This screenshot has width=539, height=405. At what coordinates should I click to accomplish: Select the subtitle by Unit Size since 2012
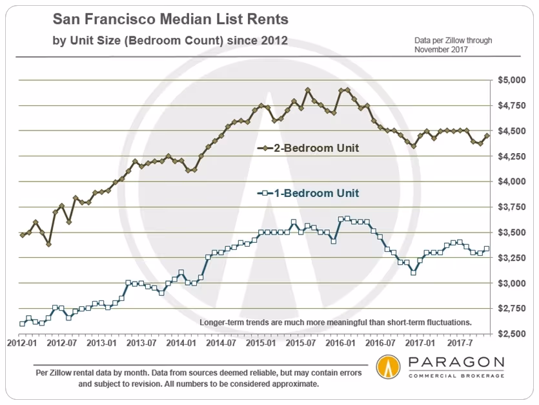[170, 41]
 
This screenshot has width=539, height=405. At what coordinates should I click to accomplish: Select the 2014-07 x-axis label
[222, 343]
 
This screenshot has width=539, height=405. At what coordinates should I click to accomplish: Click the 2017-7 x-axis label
[462, 343]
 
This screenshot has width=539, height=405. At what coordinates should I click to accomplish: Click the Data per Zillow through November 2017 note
[453, 45]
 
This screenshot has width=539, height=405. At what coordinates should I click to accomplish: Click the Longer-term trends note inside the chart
[336, 322]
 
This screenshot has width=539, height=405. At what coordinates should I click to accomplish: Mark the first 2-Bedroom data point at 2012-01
[23, 235]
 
